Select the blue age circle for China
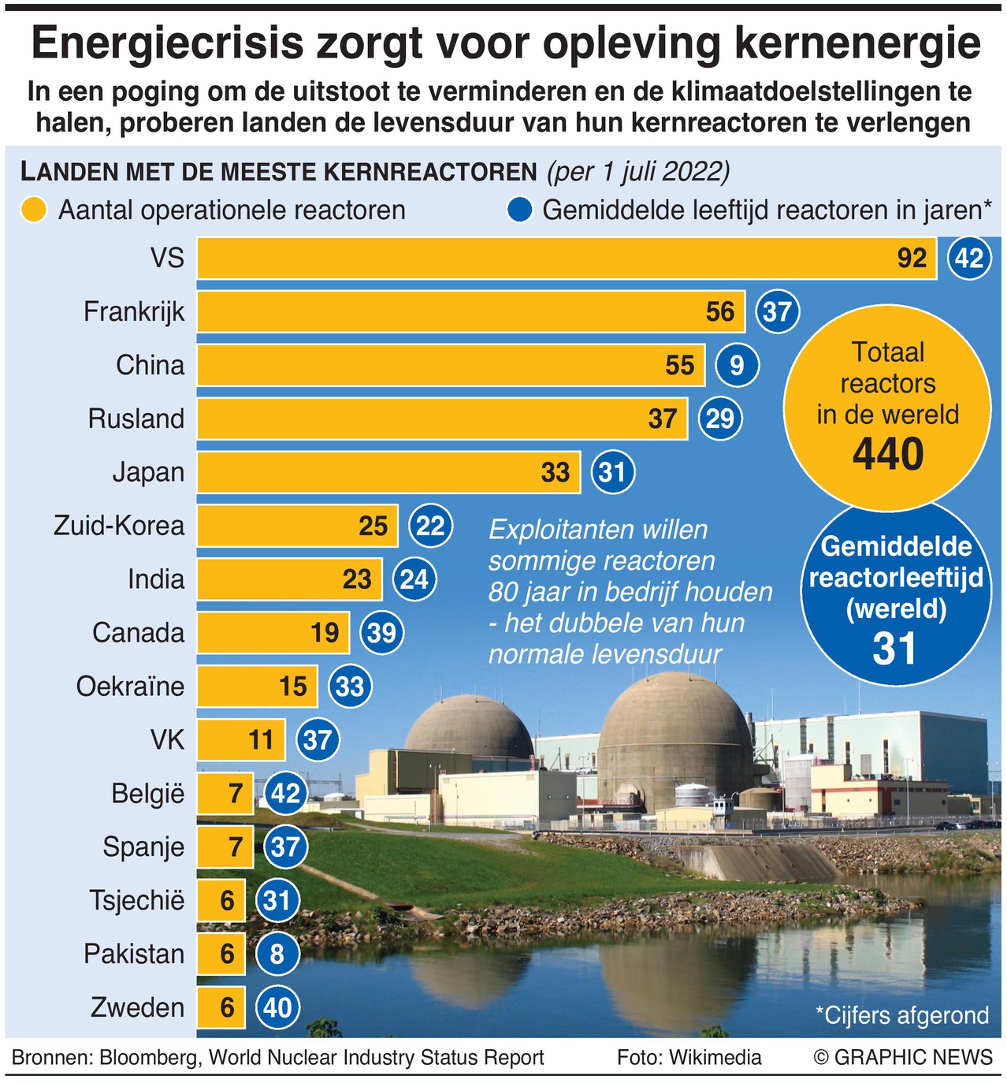(737, 365)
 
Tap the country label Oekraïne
(130, 687)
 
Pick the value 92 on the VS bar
(912, 258)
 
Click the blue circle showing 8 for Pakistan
(277, 955)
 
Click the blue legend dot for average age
(521, 210)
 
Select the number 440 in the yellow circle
(888, 455)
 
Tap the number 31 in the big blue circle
(895, 649)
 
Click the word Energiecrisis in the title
(167, 43)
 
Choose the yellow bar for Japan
(388, 472)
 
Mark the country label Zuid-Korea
(119, 526)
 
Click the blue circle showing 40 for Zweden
(277, 1007)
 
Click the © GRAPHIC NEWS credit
(903, 1058)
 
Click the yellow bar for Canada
(273, 632)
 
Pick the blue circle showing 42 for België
(285, 793)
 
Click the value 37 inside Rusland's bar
(662, 419)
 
